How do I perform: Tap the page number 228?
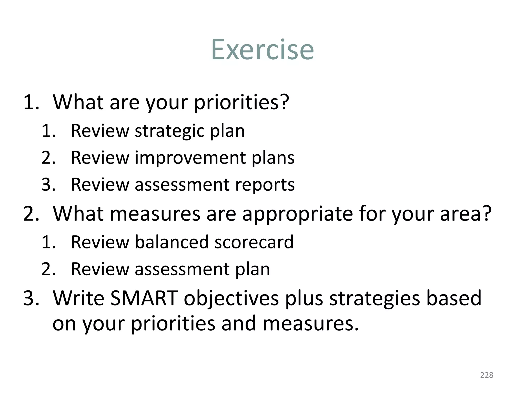(x=487, y=375)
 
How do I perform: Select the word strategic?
(x=169, y=131)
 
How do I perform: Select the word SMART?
(x=144, y=298)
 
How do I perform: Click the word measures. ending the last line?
(x=310, y=323)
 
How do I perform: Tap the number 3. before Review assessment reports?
(x=48, y=184)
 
